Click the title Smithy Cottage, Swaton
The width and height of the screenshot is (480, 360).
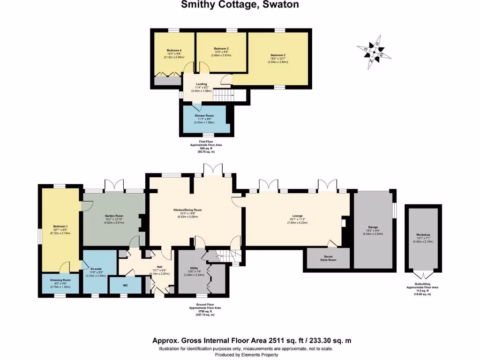click(x=240, y=5)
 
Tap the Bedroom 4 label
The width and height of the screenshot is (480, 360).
click(x=174, y=50)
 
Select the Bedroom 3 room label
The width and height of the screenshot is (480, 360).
click(x=221, y=49)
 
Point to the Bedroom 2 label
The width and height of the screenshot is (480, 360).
click(x=278, y=55)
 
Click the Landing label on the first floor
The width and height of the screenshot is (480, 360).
click(x=202, y=84)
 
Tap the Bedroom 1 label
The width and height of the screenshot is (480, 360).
click(x=60, y=226)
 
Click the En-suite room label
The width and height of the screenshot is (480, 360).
click(x=96, y=269)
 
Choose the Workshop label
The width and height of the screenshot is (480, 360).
click(x=423, y=234)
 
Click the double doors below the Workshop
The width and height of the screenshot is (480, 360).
click(x=423, y=275)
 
